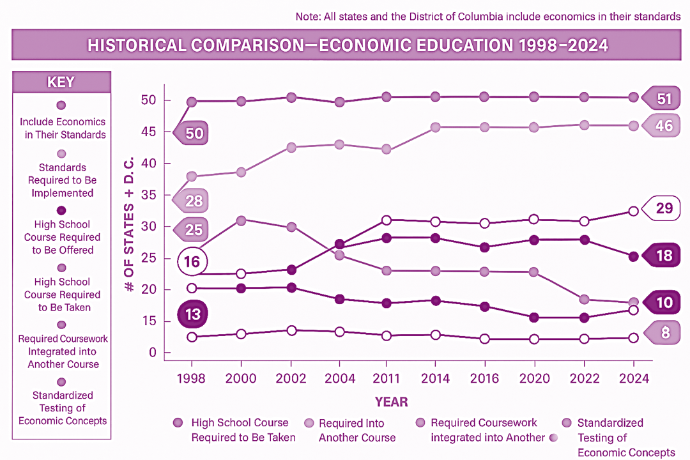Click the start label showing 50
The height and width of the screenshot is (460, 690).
tap(194, 133)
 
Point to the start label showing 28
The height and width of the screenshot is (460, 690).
tap(194, 201)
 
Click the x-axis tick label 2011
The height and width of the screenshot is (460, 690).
tap(387, 379)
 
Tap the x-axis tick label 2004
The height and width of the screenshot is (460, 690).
tap(340, 379)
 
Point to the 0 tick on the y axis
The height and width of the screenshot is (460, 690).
tap(151, 353)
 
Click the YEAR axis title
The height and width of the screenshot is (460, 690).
tap(391, 402)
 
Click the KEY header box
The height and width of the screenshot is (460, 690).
tap(61, 82)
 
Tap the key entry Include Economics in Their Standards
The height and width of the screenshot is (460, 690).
tap(63, 128)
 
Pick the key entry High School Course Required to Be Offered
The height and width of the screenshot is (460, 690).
tap(63, 237)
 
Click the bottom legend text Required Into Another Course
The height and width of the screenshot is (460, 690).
tap(356, 430)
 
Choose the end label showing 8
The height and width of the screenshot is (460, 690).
tap(664, 332)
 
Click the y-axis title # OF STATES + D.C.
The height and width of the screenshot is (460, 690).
tap(129, 224)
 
